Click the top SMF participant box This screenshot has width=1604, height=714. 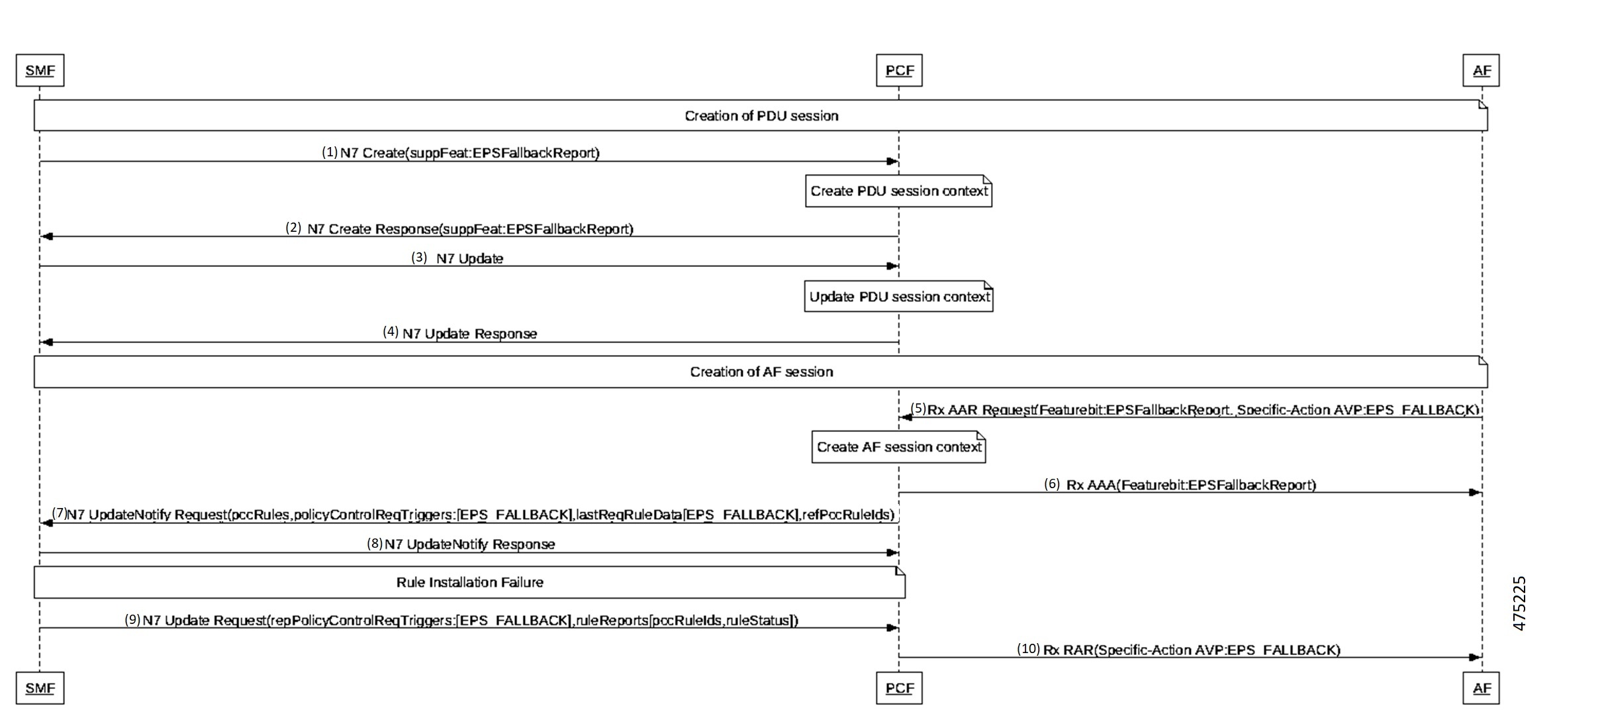[40, 70]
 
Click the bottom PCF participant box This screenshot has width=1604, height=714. [899, 688]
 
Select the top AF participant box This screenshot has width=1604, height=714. [1482, 70]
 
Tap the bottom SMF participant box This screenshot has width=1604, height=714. [40, 688]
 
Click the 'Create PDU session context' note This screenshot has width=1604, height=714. [898, 191]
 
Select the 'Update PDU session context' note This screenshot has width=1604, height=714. [898, 297]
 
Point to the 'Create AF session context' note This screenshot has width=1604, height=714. [898, 447]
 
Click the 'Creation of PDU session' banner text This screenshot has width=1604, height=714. [761, 116]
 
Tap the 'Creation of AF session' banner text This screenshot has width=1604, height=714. [761, 372]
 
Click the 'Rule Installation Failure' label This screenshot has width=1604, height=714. [469, 582]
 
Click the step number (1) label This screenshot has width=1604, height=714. [330, 152]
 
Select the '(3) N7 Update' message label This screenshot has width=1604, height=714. [457, 258]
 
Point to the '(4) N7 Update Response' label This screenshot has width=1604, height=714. [461, 333]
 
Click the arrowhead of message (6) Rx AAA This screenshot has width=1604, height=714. [1474, 492]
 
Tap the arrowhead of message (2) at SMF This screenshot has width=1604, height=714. [46, 236]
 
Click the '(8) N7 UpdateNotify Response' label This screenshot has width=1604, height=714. [461, 544]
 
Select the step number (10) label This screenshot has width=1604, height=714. [1028, 649]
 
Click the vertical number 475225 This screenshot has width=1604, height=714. [1520, 603]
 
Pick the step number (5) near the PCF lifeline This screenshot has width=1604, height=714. [918, 409]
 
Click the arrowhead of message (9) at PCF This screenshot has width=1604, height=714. [892, 628]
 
